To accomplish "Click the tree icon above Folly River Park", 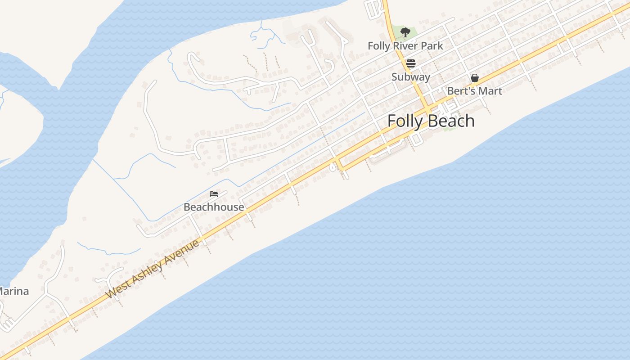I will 405,32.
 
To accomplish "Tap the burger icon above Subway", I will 410,63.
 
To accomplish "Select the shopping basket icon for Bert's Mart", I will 474,78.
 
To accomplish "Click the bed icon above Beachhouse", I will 214,194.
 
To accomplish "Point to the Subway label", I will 410,77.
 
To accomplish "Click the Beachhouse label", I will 214,207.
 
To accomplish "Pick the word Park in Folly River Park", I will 432,46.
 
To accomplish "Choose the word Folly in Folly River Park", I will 379,46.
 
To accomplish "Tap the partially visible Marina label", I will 13,292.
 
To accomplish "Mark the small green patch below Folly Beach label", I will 448,127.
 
